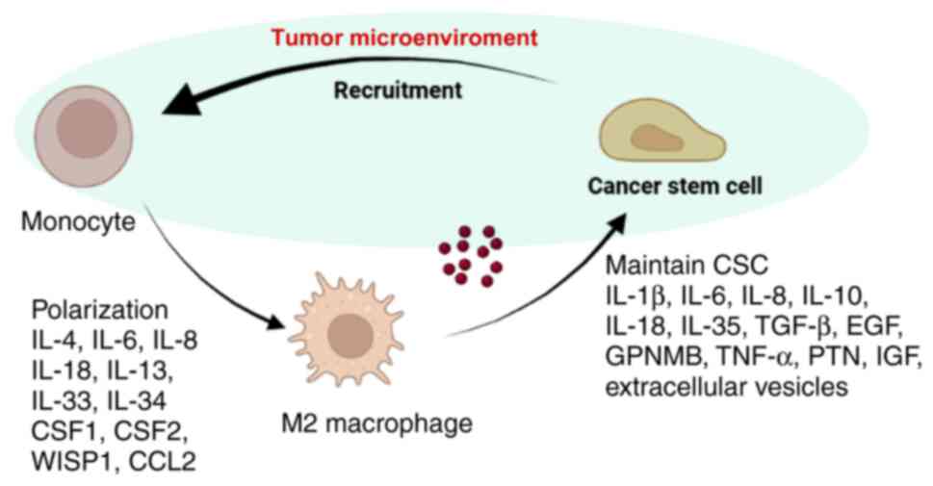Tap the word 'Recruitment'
click(397, 91)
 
